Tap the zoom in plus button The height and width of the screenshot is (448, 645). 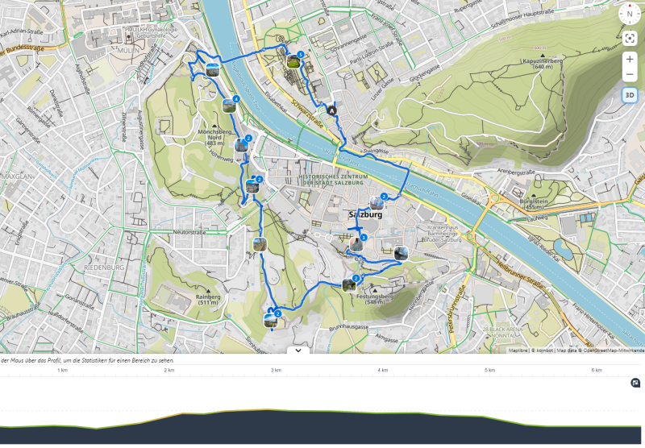coord(630,60)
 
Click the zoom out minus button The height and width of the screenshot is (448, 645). coord(630,75)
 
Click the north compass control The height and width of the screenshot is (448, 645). coord(630,14)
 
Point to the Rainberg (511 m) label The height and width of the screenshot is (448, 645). coord(208,300)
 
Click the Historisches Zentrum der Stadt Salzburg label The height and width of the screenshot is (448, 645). coord(333,179)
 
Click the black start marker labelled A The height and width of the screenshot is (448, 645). coord(331,110)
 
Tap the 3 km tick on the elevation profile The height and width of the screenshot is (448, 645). coord(276,370)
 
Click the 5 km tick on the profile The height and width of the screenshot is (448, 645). coord(489,370)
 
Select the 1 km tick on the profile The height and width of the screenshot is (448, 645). coord(62,370)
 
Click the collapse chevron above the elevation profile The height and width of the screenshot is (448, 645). coord(298,351)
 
